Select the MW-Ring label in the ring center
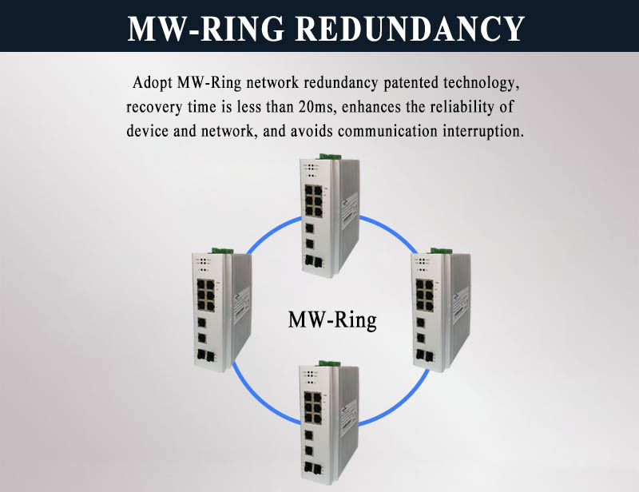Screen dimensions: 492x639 click(x=331, y=321)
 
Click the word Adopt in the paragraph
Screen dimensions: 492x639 click(x=154, y=82)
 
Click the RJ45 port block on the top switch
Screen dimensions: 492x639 click(x=313, y=200)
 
